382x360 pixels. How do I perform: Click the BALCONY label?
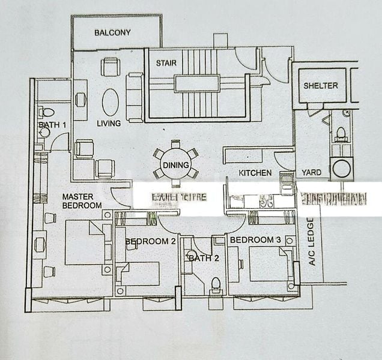click(x=112, y=32)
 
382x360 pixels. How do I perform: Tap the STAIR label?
click(x=166, y=63)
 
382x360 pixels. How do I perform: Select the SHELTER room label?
click(x=320, y=86)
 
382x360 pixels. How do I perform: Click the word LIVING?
click(x=109, y=124)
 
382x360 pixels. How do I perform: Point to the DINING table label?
click(x=175, y=166)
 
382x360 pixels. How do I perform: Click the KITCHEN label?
click(x=255, y=173)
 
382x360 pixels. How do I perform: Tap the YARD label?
click(x=311, y=173)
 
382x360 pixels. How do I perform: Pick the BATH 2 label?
click(x=199, y=258)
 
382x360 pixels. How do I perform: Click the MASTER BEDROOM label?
click(x=82, y=201)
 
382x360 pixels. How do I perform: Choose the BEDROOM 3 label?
click(x=255, y=240)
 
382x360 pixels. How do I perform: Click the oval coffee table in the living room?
click(x=111, y=102)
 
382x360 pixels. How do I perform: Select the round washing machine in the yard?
click(x=342, y=168)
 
